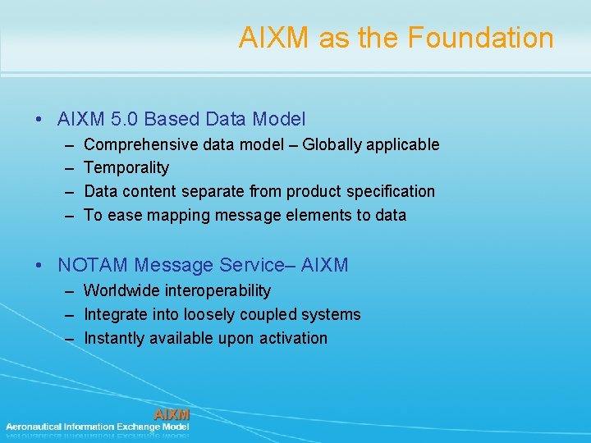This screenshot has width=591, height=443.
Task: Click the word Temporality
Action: point(126,168)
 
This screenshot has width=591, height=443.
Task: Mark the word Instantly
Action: point(114,338)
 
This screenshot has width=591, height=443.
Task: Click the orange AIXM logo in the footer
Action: point(172,414)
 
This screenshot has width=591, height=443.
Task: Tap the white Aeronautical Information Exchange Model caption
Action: point(97,427)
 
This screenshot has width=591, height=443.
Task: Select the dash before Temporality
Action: point(66,168)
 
